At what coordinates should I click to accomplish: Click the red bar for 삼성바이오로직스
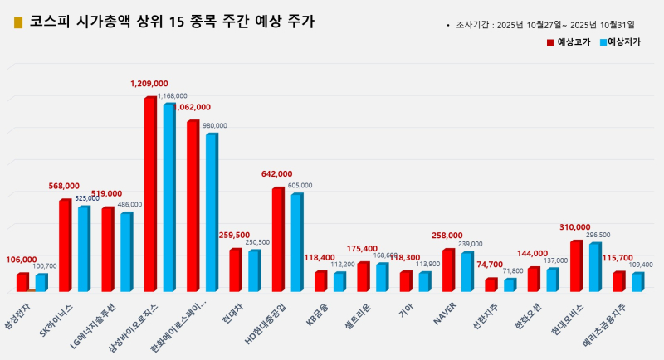click(149, 194)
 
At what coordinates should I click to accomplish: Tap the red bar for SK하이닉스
click(64, 245)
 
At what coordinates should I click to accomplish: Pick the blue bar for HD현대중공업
click(295, 241)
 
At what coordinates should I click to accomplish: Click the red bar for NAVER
click(447, 270)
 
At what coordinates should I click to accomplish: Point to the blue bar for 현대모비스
click(594, 266)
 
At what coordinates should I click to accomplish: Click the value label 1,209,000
click(149, 84)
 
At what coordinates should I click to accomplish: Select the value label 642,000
click(278, 174)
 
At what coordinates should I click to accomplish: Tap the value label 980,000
click(214, 126)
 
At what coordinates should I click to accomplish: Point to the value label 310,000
click(575, 226)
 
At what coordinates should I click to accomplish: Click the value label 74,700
click(490, 265)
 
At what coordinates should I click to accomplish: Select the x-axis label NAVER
click(443, 310)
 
